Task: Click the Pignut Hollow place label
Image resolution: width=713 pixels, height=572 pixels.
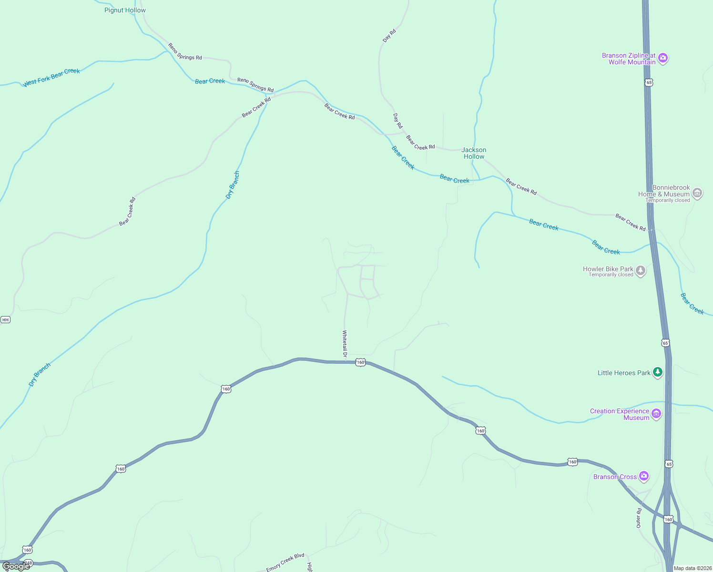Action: coord(125,10)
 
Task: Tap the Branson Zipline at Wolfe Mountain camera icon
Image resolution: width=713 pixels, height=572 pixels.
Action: coord(663,58)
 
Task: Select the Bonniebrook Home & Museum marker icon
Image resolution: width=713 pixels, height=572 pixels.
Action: coord(697,193)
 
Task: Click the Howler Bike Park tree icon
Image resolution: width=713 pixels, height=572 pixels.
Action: coord(641,271)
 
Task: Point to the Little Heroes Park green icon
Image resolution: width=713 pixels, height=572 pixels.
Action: coord(658,372)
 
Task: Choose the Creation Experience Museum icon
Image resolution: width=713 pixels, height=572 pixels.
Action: coord(656,414)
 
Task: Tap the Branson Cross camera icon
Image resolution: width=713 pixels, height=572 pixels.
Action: coord(644,476)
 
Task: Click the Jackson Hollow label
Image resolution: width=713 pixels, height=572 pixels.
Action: coord(474,153)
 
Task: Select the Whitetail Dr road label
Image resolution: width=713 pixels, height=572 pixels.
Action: coord(345,343)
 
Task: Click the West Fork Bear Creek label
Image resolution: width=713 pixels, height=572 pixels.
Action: coord(51,77)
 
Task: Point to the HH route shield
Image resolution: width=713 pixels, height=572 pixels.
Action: coord(5,319)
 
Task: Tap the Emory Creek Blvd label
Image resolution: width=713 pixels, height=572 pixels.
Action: coord(285,562)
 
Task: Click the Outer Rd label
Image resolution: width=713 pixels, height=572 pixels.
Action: coord(639,518)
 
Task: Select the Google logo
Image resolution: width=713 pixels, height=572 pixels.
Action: coord(16,566)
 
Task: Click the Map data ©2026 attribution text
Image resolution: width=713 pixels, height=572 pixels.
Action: coord(693,568)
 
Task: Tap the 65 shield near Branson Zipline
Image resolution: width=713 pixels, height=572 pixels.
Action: coord(648,82)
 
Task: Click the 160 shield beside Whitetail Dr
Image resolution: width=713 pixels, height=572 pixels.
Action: coord(361,362)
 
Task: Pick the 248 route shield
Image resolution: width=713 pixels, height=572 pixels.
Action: coord(28,562)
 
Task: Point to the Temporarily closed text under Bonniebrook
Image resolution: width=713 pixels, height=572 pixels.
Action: coord(668,200)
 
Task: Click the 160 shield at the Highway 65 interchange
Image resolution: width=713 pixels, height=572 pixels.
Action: coord(668,519)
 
